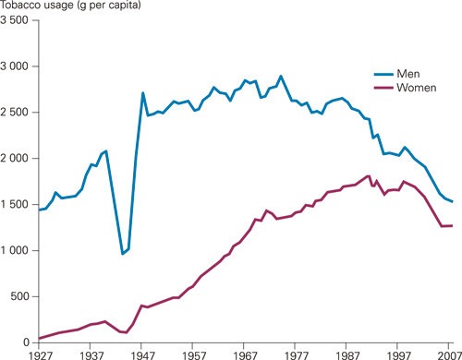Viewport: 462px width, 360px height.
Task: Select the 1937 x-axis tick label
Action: coord(91,354)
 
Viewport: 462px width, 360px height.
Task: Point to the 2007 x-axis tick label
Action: coord(448,354)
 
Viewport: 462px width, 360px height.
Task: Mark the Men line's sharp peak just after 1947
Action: coord(143,92)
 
